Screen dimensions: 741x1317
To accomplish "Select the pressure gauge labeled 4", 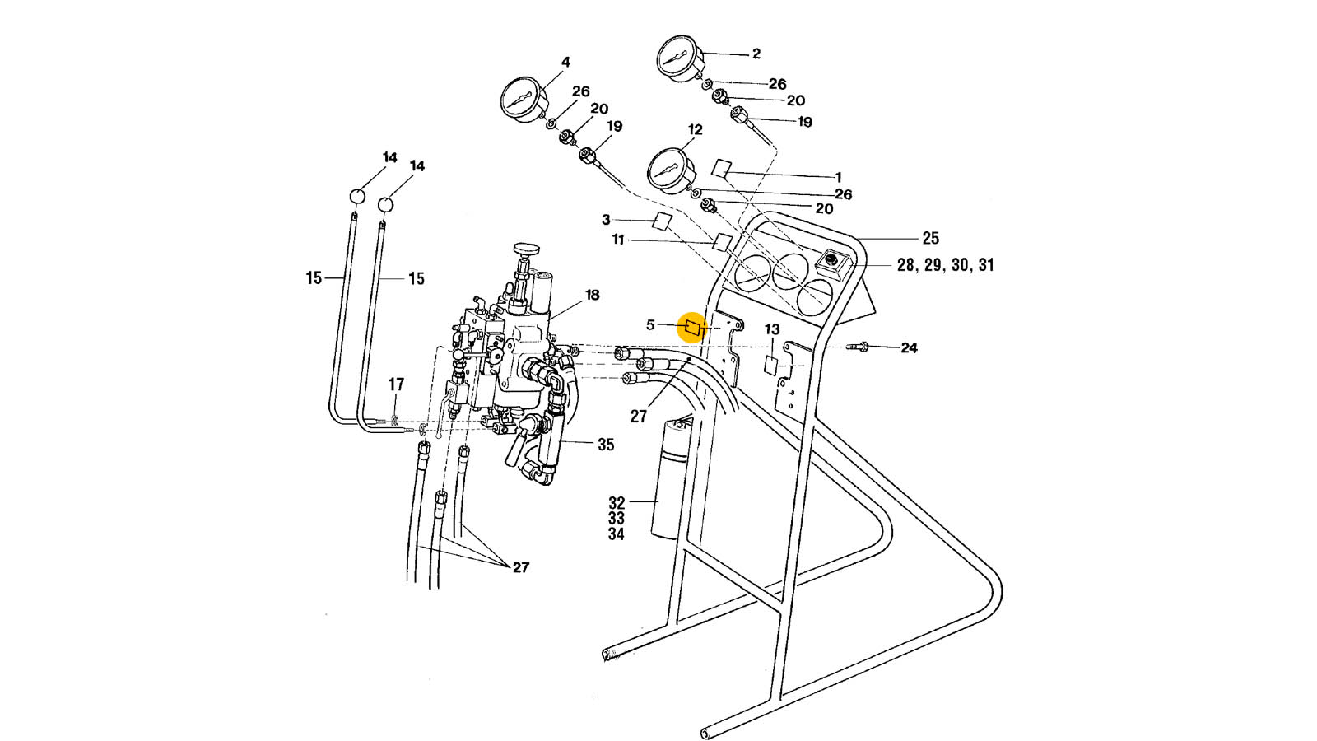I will (524, 100).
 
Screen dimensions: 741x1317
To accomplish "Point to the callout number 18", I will (593, 295).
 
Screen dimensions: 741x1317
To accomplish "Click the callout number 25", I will (930, 238).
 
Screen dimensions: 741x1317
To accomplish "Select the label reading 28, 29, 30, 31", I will (945, 265).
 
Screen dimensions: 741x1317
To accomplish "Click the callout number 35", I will (606, 445).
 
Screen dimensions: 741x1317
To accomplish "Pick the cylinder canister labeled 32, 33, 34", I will (672, 482).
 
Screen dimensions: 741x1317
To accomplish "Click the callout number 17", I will (396, 384).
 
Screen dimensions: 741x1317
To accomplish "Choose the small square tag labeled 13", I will (771, 365).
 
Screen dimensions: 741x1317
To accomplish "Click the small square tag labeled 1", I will (721, 168).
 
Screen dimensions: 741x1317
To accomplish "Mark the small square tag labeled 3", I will (662, 221).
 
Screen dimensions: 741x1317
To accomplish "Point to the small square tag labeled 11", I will (722, 242).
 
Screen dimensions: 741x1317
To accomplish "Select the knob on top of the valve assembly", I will (524, 249).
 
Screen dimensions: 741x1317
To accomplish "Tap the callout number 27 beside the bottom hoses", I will (520, 567).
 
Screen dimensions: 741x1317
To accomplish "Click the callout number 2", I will (756, 54).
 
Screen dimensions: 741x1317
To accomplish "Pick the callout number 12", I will (696, 130).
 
